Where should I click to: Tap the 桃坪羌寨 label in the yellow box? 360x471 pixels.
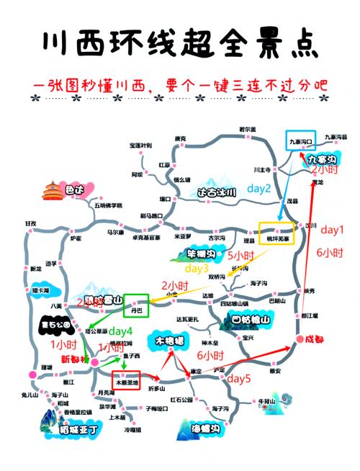277,237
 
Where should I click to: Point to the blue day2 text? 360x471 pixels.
259,189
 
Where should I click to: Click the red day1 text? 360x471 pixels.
333,230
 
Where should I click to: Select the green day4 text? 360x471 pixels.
120,331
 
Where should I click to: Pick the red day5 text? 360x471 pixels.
238,379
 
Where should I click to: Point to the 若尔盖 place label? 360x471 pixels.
247,130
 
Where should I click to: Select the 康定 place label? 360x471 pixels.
195,370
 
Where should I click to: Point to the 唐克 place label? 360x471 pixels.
180,138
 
